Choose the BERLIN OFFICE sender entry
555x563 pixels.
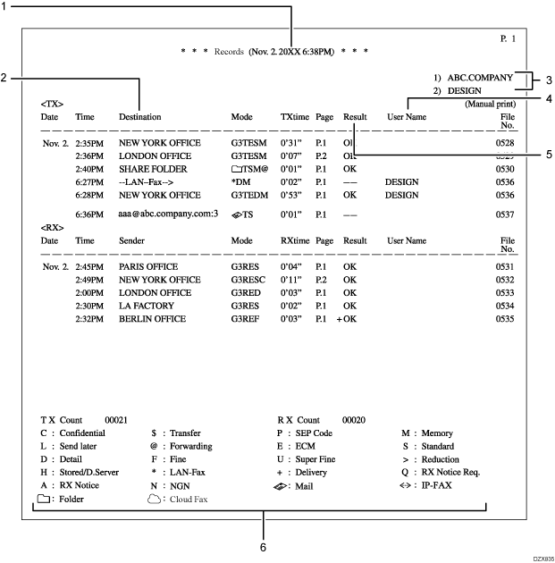151,317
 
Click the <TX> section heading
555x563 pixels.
52,104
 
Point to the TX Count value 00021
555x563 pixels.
118,419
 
